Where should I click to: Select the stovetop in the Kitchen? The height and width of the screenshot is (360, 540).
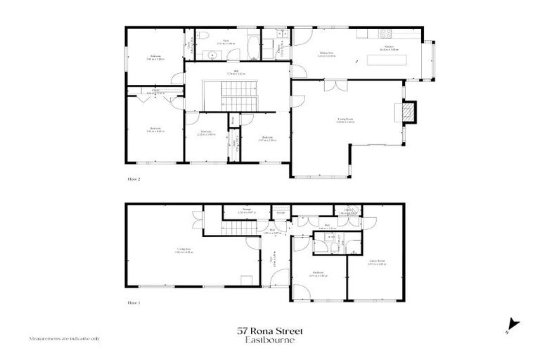[x=386, y=34]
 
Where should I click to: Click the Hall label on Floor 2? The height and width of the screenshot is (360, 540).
[x=236, y=72]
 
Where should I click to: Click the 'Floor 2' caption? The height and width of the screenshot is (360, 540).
[x=134, y=179]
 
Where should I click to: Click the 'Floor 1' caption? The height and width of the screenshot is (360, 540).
[x=134, y=302]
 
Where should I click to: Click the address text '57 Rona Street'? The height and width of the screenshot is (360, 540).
[x=269, y=330]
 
